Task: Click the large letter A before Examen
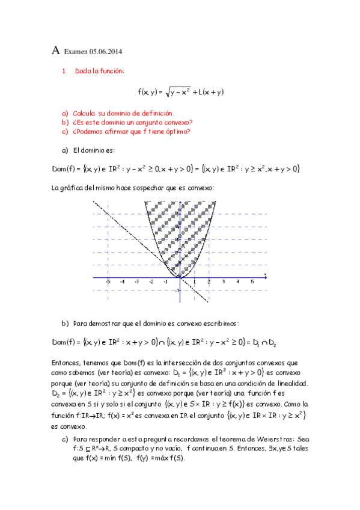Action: click(x=55, y=52)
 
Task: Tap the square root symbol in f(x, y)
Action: click(x=164, y=91)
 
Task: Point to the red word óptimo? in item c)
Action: click(x=177, y=132)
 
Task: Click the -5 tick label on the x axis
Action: click(x=108, y=281)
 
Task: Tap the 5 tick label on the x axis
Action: click(x=252, y=281)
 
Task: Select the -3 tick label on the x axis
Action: click(x=136, y=281)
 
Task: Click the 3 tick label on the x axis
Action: click(x=224, y=281)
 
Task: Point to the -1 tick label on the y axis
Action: click(x=178, y=291)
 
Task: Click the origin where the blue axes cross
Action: click(x=180, y=278)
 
